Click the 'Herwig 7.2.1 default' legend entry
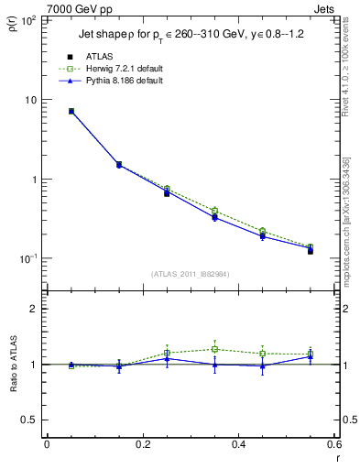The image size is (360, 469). [x=117, y=70]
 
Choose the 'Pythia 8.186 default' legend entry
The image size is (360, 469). [x=116, y=81]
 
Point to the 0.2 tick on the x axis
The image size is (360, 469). [x=143, y=446]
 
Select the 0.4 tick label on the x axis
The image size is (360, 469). [x=239, y=446]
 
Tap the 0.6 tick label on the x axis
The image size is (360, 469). [x=335, y=446]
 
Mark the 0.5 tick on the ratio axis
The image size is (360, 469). [x=30, y=420]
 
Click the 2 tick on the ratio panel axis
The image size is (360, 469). [x=35, y=309]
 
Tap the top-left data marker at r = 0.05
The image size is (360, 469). [x=71, y=112]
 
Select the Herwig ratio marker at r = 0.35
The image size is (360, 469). [x=214, y=349]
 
